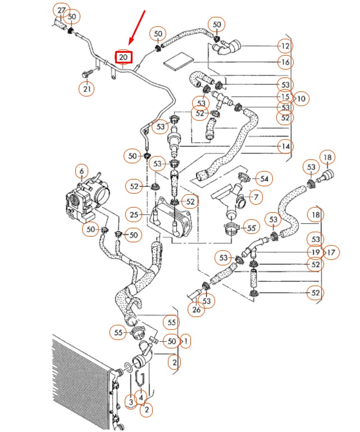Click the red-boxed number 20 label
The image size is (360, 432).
[x=124, y=57]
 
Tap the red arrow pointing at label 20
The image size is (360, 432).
[x=137, y=27]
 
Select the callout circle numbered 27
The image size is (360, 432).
[x=61, y=11]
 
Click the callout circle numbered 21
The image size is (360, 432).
[x=87, y=89]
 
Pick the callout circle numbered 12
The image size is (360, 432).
[x=285, y=46]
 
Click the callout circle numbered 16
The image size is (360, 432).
[x=285, y=62]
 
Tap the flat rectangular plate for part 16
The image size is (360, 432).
[x=179, y=61]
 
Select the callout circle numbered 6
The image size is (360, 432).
[x=81, y=171]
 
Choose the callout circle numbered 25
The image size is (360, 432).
[x=134, y=214]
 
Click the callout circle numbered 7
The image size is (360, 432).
[x=256, y=197]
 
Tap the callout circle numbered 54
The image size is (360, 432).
[x=264, y=179]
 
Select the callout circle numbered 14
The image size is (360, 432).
[x=285, y=146]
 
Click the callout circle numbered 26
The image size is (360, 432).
[x=196, y=309]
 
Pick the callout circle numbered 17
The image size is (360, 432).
[x=331, y=252]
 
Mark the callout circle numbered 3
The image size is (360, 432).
[x=131, y=401]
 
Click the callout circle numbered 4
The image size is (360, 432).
[x=141, y=397]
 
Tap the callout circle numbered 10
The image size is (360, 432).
[x=301, y=99]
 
